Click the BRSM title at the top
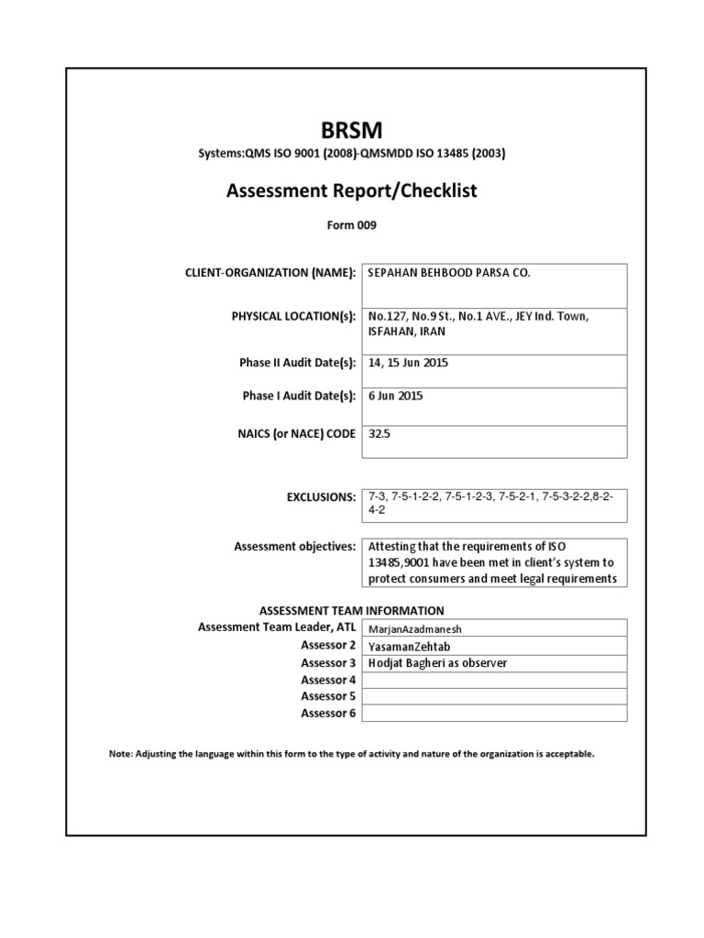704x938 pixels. click(x=352, y=130)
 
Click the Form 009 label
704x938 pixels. click(x=352, y=224)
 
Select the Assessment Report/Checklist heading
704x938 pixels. click(x=352, y=191)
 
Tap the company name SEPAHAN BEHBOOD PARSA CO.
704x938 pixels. click(x=448, y=273)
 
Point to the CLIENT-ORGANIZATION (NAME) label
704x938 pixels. click(x=269, y=273)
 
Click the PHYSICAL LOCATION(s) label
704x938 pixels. click(x=293, y=317)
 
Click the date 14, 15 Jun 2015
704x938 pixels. click(x=408, y=363)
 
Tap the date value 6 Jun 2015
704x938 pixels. click(x=396, y=396)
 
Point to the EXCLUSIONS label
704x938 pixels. click(x=321, y=497)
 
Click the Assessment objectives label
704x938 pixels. click(x=294, y=547)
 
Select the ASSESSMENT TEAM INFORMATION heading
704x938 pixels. click(x=352, y=610)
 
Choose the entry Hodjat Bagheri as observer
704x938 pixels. click(x=436, y=663)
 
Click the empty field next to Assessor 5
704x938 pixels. click(x=495, y=696)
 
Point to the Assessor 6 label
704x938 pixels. click(x=328, y=713)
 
